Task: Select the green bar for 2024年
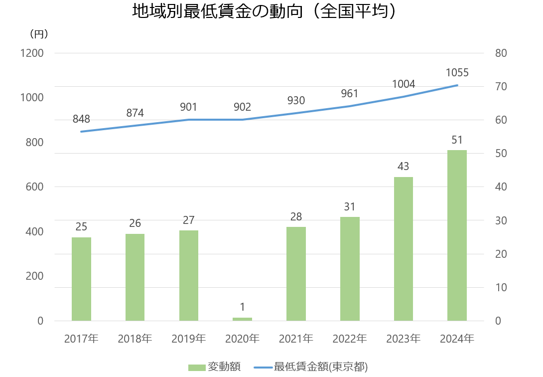(x=457, y=235)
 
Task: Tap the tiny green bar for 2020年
(x=242, y=319)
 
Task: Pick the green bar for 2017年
(x=81, y=279)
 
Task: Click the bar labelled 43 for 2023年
(x=403, y=249)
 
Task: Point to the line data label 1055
(x=457, y=73)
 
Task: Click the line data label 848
(x=81, y=119)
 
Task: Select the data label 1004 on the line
(x=403, y=84)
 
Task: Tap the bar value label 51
(x=457, y=140)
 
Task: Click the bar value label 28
(x=296, y=217)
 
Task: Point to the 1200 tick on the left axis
(x=32, y=53)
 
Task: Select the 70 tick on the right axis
(x=501, y=87)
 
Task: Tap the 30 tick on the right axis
(x=501, y=220)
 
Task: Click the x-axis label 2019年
(x=188, y=339)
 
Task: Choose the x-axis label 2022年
(x=350, y=339)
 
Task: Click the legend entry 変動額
(x=215, y=367)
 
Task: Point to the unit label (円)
(x=39, y=34)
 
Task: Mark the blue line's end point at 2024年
(x=457, y=85)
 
